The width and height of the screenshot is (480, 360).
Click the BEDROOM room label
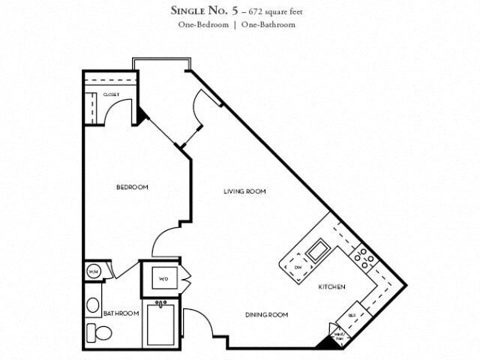[x=132, y=187]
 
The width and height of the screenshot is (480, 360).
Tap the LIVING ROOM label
[x=245, y=191]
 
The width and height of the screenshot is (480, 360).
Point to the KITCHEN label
[x=331, y=286]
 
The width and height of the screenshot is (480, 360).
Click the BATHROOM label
[x=121, y=313]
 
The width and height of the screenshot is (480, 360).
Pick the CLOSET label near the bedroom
[x=112, y=94]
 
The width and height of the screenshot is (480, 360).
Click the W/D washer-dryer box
[x=163, y=280]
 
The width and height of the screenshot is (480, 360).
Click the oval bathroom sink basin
[x=92, y=304]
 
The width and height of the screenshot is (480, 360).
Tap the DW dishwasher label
[x=297, y=267]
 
